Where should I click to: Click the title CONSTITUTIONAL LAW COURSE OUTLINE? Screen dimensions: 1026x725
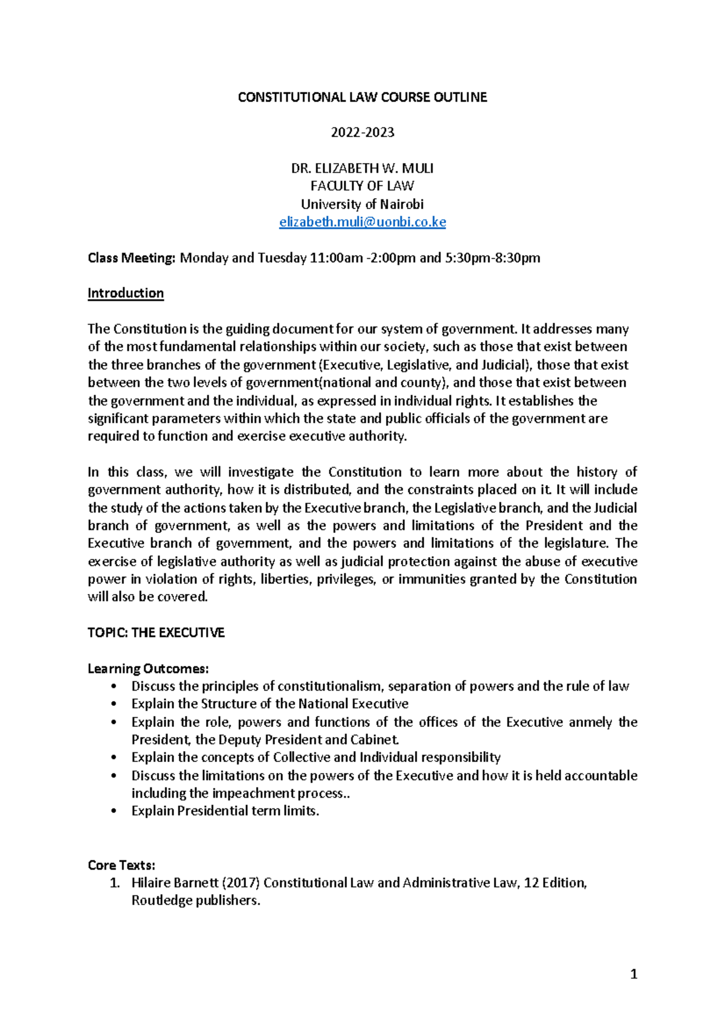[362, 97]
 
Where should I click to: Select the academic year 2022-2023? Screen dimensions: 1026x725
[362, 132]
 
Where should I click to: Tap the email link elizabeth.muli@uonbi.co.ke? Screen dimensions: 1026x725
[362, 222]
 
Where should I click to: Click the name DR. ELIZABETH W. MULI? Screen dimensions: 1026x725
[362, 168]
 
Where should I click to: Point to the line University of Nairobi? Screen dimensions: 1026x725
[362, 204]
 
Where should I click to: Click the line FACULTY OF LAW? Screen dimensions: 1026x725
[362, 186]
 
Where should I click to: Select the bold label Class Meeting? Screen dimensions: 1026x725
[131, 258]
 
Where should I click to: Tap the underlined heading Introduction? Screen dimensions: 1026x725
[126, 293]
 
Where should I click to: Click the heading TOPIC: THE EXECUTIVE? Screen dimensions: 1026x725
[156, 633]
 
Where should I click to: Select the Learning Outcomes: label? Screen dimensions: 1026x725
[148, 668]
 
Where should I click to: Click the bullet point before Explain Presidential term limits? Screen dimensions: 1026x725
[114, 811]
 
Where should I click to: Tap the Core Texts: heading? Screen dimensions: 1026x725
[121, 865]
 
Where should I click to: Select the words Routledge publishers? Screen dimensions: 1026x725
[195, 900]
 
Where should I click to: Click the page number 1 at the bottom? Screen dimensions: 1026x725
[633, 974]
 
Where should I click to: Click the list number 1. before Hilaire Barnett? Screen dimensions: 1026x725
[115, 883]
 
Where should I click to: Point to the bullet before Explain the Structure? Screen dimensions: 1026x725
[114, 704]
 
